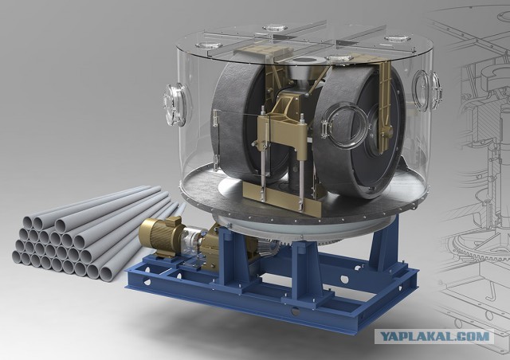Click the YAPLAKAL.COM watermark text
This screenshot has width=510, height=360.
click(x=434, y=337)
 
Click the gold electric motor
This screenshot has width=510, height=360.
click(x=159, y=233)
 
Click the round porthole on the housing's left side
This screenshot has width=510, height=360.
click(x=175, y=104)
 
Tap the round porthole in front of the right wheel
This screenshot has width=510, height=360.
click(x=345, y=126)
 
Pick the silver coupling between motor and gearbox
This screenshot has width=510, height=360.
click(x=193, y=239)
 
